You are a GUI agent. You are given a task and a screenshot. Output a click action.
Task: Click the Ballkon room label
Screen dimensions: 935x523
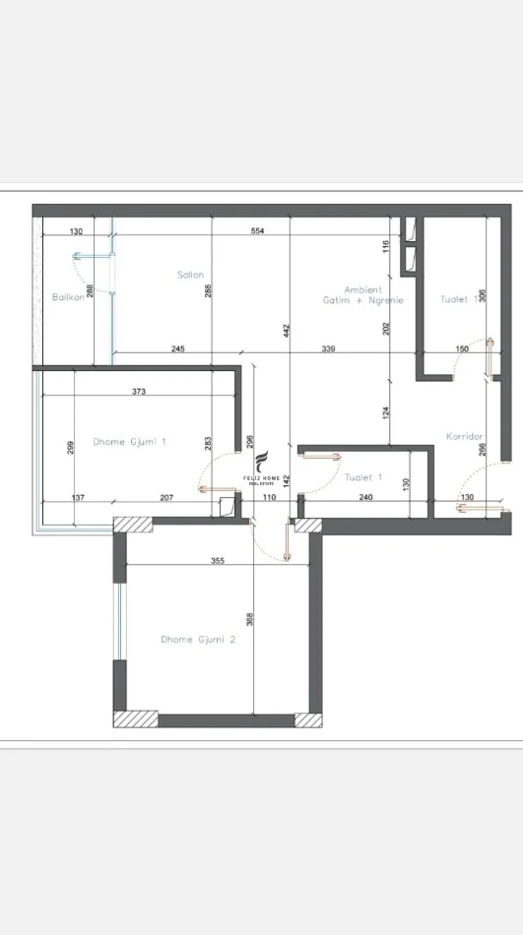tap(67, 296)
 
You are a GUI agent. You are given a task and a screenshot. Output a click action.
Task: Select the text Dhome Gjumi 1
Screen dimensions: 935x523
tap(129, 442)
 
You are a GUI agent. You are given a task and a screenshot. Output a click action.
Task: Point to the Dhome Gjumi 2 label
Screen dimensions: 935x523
tap(198, 639)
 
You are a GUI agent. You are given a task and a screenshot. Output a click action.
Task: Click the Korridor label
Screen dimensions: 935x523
tap(463, 435)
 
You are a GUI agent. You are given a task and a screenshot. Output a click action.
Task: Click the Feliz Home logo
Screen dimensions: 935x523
tap(262, 468)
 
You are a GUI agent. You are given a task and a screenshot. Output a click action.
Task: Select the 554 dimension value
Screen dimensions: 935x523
tap(258, 231)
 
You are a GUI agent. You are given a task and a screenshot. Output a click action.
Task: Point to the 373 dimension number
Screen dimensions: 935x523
tap(138, 392)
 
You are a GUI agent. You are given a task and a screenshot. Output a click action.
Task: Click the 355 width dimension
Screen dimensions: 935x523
tap(218, 561)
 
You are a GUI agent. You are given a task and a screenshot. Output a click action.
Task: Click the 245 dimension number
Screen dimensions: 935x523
tap(178, 348)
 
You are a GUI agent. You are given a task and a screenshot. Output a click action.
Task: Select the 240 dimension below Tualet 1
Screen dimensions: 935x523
tap(366, 498)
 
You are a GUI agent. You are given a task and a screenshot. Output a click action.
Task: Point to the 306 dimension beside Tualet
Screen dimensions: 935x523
tap(482, 295)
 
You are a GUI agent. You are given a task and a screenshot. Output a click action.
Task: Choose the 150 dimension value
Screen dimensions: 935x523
tap(462, 348)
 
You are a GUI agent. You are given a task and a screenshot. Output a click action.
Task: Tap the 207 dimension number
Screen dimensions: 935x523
tap(165, 498)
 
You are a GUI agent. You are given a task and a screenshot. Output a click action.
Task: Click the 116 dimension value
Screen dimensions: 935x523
tap(388, 248)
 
